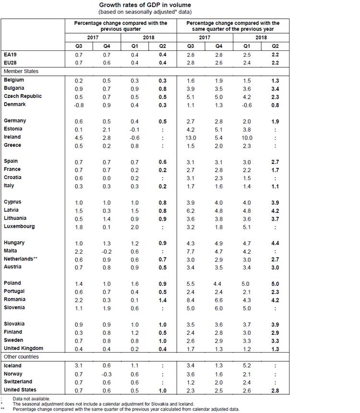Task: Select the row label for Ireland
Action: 12,137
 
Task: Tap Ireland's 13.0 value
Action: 191,137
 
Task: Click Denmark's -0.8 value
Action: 77,104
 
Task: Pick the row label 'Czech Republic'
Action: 23,96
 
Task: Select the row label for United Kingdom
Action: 24,348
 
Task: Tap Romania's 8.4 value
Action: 191,299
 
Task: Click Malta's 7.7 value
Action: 191,251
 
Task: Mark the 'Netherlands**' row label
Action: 21,259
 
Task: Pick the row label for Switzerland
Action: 19,382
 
